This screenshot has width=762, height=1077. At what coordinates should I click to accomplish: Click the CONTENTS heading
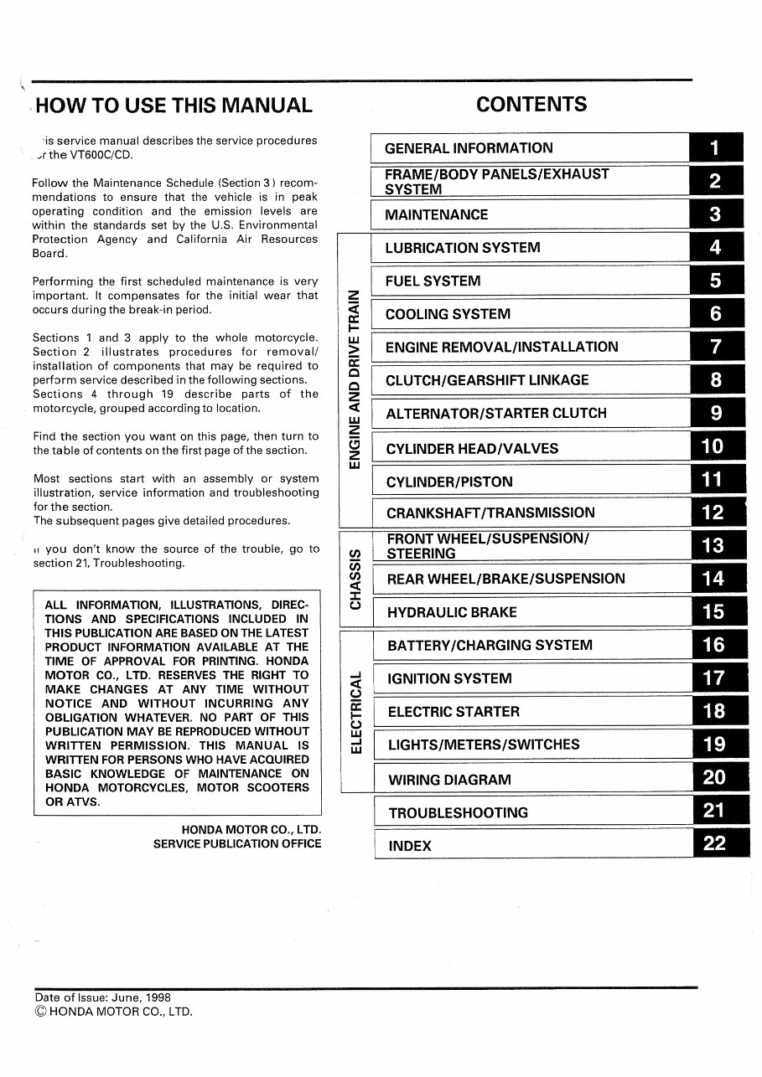click(x=531, y=105)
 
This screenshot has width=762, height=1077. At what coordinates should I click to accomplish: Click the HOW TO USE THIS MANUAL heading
click(x=174, y=106)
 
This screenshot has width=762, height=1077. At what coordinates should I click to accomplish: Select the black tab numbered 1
click(x=715, y=148)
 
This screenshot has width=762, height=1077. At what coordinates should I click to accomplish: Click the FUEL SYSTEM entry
click(x=433, y=281)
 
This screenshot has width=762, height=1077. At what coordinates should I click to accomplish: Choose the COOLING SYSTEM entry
click(x=448, y=315)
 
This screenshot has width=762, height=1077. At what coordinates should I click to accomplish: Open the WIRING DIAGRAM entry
click(x=449, y=780)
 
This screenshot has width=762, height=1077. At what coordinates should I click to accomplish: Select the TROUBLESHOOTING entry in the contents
click(x=458, y=812)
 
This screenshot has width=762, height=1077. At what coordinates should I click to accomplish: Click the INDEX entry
click(x=410, y=846)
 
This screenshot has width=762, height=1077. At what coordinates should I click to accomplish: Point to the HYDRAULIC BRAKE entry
click(x=452, y=612)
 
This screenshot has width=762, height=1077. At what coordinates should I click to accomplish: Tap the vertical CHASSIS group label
click(x=355, y=579)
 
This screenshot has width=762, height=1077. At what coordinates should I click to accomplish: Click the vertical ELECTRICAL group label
click(x=356, y=712)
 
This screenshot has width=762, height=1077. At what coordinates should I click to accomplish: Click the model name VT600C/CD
click(x=91, y=155)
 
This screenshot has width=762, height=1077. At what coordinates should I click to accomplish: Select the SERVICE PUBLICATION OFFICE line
click(x=237, y=843)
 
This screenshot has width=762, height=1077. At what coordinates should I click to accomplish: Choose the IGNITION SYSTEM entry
click(x=449, y=679)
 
